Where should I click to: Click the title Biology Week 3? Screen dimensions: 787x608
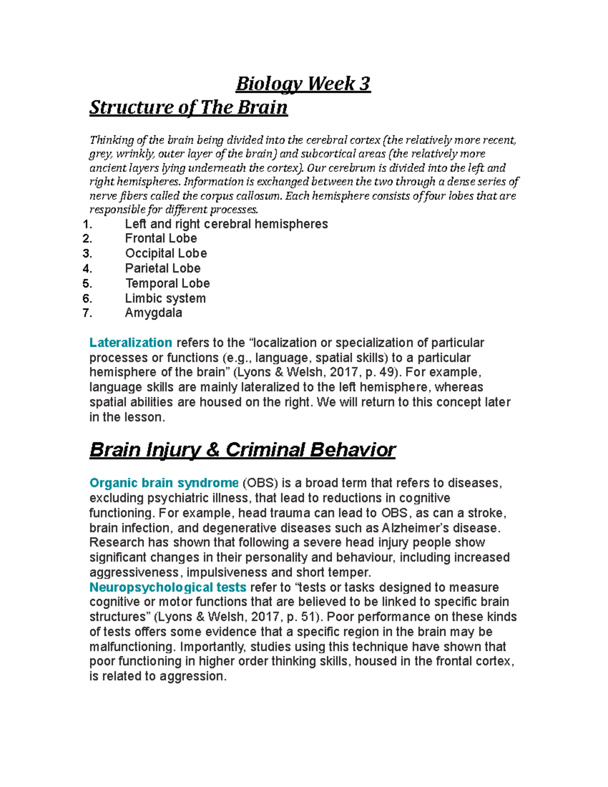[x=303, y=84]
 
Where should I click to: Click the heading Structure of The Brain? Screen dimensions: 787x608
[x=188, y=107]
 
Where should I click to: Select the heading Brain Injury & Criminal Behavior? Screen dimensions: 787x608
[x=242, y=449]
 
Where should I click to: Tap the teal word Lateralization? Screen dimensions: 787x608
[x=131, y=343]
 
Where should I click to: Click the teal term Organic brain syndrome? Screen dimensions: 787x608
[x=164, y=483]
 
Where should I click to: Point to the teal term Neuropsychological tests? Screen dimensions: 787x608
[x=168, y=587]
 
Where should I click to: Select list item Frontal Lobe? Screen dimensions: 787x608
[x=161, y=238]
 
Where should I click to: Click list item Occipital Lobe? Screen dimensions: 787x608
[x=166, y=253]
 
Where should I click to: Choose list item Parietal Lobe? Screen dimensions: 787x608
[x=163, y=268]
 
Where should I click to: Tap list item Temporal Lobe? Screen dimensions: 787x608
[x=167, y=283]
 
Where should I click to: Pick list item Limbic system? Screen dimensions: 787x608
[x=165, y=298]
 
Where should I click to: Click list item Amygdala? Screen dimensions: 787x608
[x=154, y=313]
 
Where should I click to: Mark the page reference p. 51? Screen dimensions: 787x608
[x=302, y=617]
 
